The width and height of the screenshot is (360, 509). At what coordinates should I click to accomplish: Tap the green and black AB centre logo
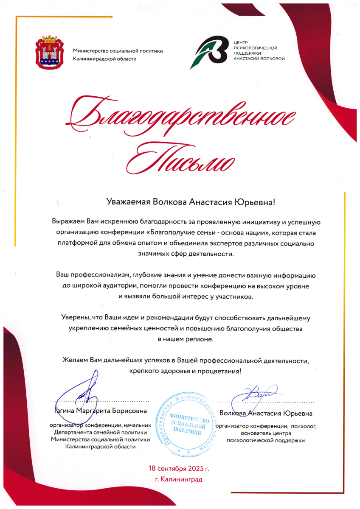click(211, 52)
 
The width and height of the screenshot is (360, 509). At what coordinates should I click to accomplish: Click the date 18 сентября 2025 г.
click(179, 468)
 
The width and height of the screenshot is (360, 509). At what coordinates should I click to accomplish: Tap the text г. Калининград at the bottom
click(179, 480)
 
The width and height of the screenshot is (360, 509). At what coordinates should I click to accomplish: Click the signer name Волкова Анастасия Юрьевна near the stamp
click(266, 413)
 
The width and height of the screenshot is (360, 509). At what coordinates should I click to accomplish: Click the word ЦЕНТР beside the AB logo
click(241, 43)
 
